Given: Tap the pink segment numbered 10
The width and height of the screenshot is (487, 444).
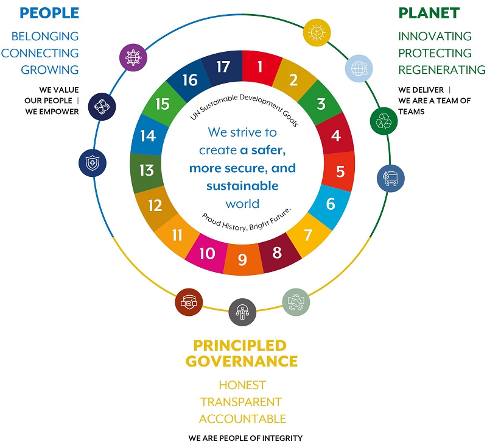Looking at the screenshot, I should click(x=208, y=252).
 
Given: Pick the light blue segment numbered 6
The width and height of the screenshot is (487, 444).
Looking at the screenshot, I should click(x=331, y=204).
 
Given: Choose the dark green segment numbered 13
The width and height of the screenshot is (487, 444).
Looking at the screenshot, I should click(x=147, y=170).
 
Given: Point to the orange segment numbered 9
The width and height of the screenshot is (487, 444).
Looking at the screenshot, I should click(x=242, y=260).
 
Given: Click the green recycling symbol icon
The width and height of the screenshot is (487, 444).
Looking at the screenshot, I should click(x=384, y=121).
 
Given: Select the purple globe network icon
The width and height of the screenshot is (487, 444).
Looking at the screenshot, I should click(x=132, y=58).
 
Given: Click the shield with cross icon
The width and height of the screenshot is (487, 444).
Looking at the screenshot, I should click(x=92, y=163).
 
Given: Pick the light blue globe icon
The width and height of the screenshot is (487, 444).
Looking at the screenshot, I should click(x=358, y=68).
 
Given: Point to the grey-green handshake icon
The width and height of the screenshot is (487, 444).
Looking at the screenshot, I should click(x=296, y=301).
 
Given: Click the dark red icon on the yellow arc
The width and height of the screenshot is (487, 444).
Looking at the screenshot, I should click(x=188, y=302).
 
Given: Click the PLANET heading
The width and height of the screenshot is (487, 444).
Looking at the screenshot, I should click(x=429, y=13).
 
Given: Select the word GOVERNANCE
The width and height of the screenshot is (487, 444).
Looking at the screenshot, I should click(x=242, y=361).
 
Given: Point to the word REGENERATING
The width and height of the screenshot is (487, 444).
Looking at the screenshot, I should click(x=442, y=70).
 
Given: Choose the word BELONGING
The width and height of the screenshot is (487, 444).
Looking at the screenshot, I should click(x=44, y=37).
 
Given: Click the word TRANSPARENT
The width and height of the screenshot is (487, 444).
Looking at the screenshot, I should click(x=241, y=403).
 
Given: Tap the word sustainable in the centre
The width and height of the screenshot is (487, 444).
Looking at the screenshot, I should click(x=242, y=185).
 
